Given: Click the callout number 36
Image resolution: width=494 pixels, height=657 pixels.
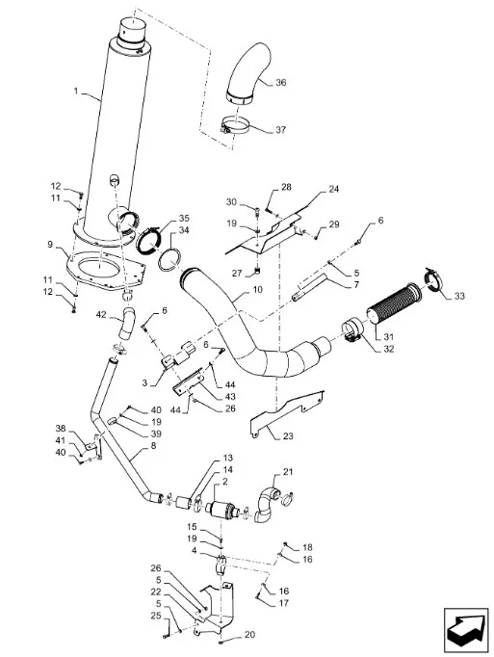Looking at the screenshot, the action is [x=281, y=83].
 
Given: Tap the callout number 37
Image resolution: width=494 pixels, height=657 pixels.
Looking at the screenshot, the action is [x=281, y=130].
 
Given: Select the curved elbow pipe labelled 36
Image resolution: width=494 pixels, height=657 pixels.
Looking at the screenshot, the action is [x=248, y=73].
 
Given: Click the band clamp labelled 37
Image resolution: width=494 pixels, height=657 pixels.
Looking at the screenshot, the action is [x=237, y=126].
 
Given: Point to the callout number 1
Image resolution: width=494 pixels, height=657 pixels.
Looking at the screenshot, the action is [x=76, y=91].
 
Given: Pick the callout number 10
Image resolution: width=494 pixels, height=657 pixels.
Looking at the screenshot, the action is [x=257, y=290].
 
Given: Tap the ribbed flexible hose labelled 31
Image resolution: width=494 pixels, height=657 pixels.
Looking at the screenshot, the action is [x=390, y=303].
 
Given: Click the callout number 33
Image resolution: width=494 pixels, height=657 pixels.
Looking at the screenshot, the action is [x=459, y=296].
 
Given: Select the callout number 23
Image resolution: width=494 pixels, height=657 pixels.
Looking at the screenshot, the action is [x=288, y=436].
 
